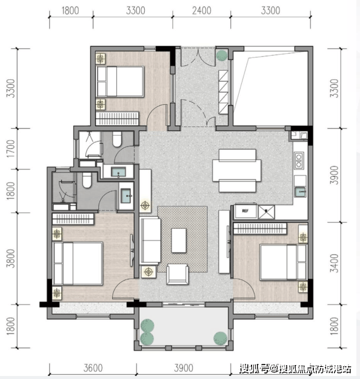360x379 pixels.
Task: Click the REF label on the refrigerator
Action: tap(245, 211)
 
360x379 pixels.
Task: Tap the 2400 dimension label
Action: tap(202, 11)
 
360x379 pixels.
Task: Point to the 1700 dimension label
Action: tap(11, 149)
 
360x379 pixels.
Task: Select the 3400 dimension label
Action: tap(335, 263)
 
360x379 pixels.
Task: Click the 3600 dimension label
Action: tap(93, 368)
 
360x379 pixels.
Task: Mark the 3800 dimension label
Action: tap(11, 259)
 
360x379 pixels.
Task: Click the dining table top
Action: tap(237, 170)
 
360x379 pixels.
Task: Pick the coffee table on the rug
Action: tap(179, 240)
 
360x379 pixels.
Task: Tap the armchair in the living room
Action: tap(178, 274)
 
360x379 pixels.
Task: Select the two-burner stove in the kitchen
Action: tap(299, 160)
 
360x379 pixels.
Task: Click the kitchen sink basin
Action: tap(300, 192)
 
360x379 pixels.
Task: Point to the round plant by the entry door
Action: tap(222, 55)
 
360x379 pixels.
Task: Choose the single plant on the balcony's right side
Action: tap(220, 338)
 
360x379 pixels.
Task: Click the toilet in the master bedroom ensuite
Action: tap(87, 180)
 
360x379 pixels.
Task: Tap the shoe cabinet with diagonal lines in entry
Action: tap(223, 92)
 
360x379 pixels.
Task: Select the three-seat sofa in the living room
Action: tap(150, 240)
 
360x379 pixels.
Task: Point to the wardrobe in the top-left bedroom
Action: tap(117, 118)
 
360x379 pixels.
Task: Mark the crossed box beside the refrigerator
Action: tap(266, 212)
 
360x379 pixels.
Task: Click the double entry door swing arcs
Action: tap(198, 58)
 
